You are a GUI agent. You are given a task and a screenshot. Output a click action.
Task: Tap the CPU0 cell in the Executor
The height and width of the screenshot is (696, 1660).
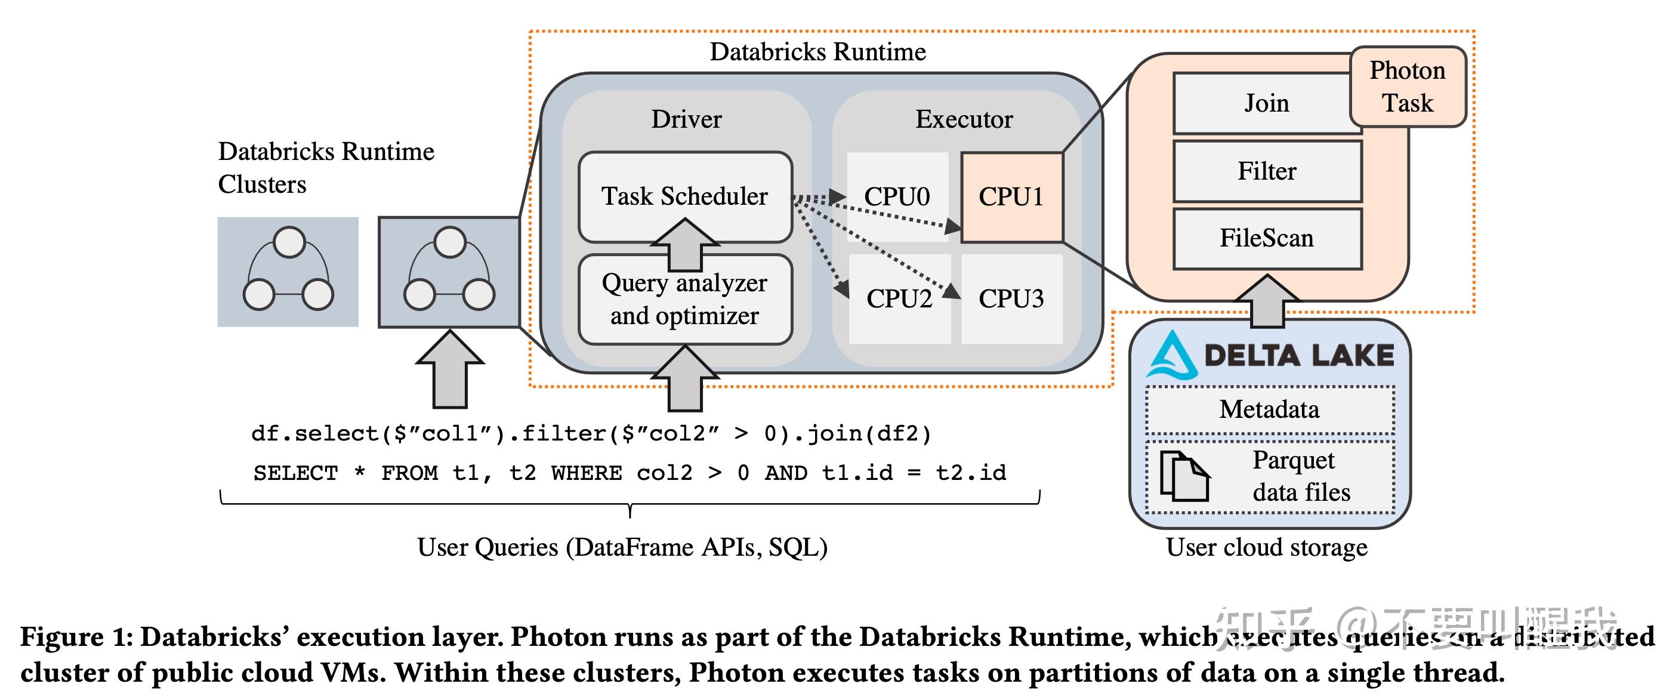(897, 196)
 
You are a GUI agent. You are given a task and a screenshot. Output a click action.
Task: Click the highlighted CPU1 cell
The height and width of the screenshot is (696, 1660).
(1011, 196)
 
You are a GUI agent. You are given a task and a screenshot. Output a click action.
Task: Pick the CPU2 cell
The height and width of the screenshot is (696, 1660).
(900, 298)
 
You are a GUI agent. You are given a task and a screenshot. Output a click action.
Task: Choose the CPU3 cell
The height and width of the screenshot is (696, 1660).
(1011, 298)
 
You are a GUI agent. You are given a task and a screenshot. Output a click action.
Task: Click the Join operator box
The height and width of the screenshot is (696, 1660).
(1266, 103)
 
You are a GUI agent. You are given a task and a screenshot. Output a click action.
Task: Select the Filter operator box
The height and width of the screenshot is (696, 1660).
(1267, 171)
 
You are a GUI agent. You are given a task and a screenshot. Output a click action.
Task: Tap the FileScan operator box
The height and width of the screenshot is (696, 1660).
(1267, 238)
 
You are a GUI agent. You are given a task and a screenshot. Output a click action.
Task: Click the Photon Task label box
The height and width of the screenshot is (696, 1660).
(1408, 87)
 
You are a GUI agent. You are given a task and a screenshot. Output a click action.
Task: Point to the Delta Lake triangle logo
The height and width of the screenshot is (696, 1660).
(1172, 356)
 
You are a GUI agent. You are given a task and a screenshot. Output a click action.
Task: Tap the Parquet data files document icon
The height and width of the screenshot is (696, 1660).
(1184, 476)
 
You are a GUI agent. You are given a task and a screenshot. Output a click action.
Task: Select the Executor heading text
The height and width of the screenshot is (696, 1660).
(964, 119)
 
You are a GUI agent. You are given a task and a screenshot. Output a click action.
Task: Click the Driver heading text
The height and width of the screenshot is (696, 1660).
(686, 119)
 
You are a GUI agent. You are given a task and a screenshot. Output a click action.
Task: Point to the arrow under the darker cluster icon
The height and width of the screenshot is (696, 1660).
(450, 370)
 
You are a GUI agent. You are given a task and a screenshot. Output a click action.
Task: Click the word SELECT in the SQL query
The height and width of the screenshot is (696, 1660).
(296, 473)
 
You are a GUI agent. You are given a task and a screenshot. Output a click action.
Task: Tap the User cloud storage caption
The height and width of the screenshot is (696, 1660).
(1266, 547)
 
